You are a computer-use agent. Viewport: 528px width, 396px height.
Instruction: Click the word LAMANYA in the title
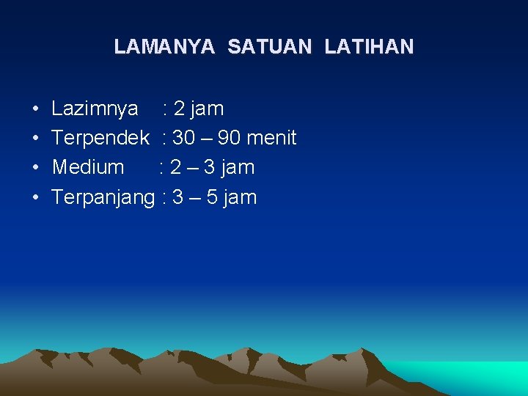[x=164, y=47]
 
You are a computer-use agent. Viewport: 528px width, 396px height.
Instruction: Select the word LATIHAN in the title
[x=369, y=47]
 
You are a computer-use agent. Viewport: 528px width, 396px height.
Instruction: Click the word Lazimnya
[x=95, y=109]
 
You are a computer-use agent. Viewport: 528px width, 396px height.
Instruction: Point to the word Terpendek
[x=100, y=138]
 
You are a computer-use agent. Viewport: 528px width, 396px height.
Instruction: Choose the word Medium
[x=88, y=167]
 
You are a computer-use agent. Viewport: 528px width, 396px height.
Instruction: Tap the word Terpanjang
[x=103, y=197]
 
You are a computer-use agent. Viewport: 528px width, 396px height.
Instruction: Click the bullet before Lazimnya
[x=36, y=109]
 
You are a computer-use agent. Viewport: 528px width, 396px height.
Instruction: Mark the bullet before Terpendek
[x=36, y=139]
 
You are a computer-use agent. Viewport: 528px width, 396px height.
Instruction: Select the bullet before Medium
[x=36, y=168]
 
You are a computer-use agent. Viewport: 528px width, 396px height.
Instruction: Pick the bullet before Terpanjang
[x=36, y=197]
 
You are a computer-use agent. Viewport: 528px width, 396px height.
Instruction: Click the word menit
[x=272, y=138]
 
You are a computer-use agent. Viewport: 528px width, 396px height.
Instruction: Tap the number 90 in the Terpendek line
[x=230, y=138]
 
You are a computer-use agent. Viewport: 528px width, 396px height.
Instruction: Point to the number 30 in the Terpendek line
[x=183, y=138]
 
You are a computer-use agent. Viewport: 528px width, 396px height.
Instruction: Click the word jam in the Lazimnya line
[x=206, y=109]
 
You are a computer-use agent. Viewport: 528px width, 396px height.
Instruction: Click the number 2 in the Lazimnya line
[x=179, y=109]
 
